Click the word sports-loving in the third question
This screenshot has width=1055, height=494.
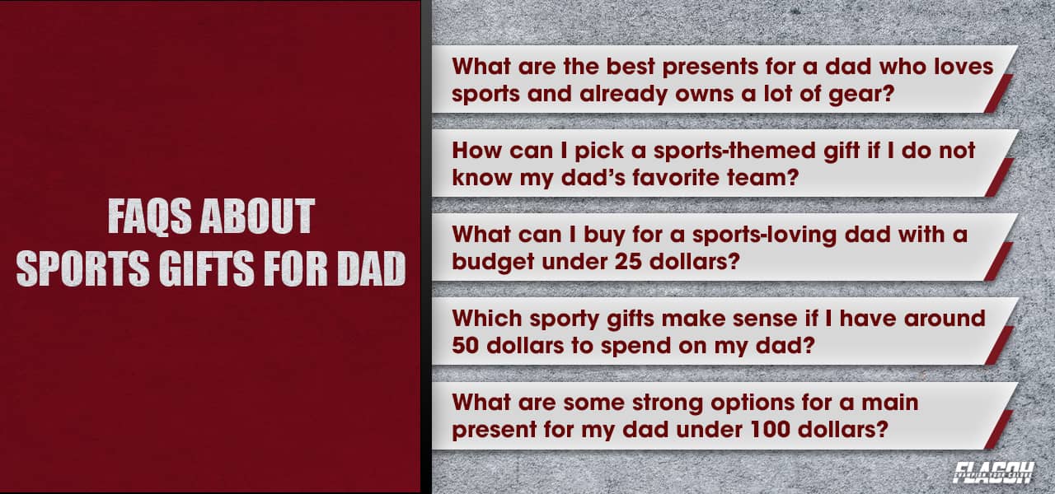(x=761, y=234)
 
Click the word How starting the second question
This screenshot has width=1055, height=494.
(x=473, y=151)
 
